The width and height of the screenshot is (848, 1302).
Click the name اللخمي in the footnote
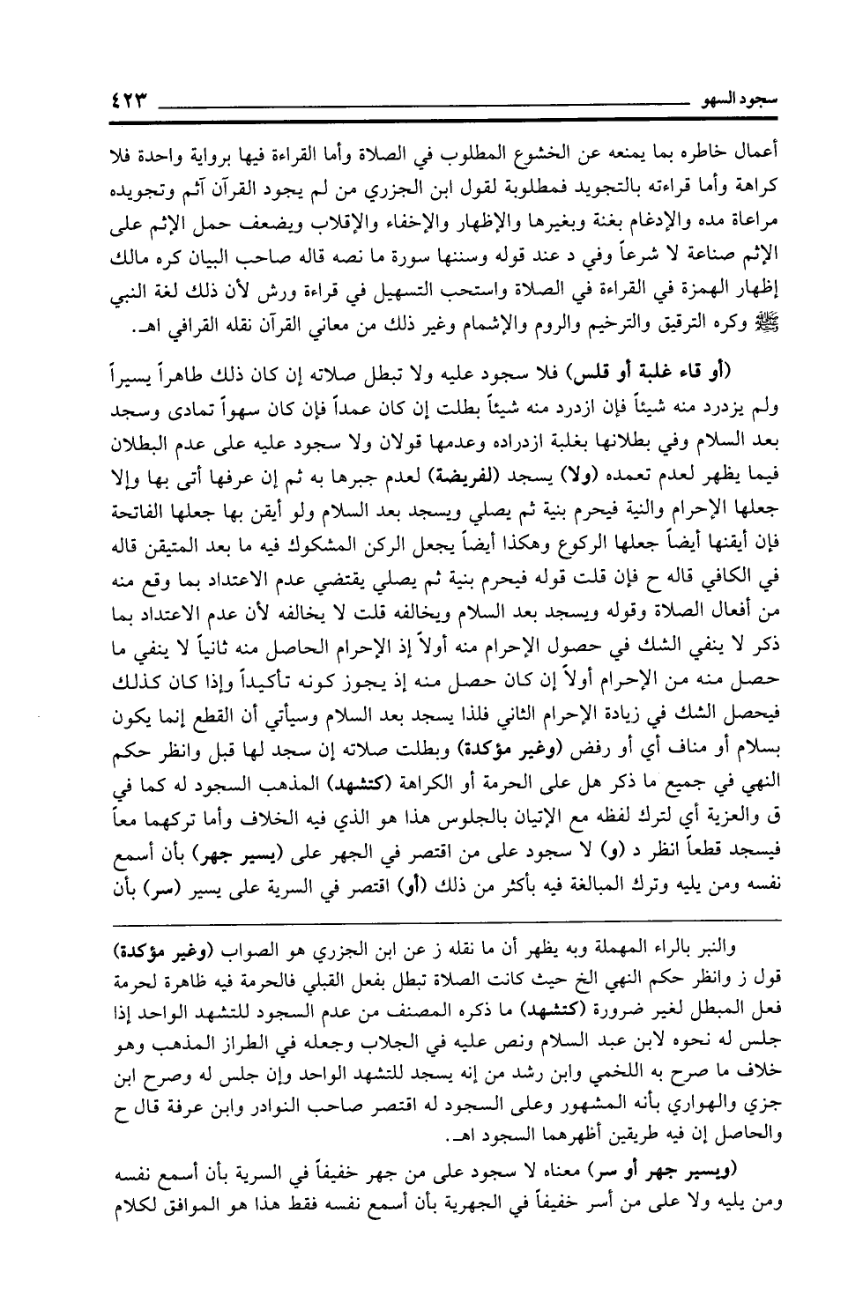(x=502, y=1076)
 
